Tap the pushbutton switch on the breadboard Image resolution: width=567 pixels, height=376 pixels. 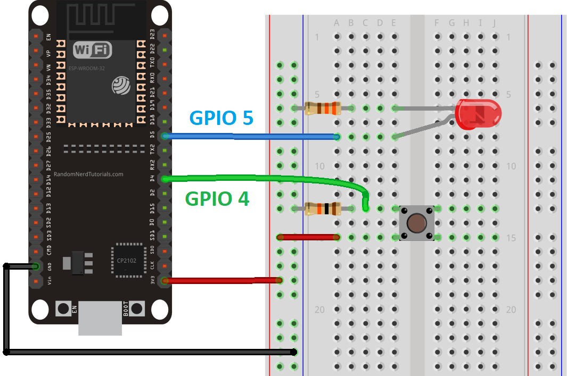click(x=416, y=223)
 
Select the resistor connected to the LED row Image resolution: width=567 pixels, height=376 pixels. click(x=322, y=108)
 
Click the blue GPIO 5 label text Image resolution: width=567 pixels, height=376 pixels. click(x=221, y=118)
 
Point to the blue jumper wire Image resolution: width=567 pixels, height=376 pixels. click(x=250, y=137)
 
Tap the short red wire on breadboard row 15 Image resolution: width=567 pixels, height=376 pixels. click(x=308, y=237)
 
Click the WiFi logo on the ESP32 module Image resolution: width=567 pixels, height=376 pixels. click(x=93, y=50)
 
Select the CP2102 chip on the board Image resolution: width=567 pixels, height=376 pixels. click(x=127, y=261)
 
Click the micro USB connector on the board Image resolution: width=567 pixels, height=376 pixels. click(x=100, y=318)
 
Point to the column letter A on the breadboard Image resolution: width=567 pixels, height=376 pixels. click(x=336, y=23)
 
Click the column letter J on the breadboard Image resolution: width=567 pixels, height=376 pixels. click(x=495, y=23)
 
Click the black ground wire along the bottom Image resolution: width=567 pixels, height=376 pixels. click(x=149, y=352)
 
